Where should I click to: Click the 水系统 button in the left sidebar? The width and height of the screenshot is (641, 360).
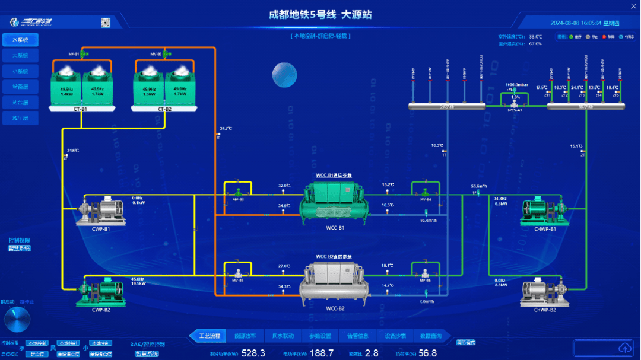[20, 40]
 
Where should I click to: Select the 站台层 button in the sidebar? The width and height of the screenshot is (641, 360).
[20, 103]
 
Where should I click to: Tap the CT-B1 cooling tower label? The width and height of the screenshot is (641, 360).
[81, 109]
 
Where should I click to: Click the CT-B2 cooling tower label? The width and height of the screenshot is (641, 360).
[164, 109]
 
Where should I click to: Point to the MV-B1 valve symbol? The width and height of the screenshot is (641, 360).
[84, 54]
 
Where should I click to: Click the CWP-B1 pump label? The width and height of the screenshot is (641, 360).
[101, 229]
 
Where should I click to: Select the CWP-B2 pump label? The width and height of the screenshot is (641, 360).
[101, 309]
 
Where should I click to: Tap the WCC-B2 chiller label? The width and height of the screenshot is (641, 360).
[335, 308]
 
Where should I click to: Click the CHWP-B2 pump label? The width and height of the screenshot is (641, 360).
[545, 310]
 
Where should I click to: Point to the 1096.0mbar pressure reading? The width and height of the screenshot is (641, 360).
[516, 85]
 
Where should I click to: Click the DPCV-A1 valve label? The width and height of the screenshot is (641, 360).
[515, 110]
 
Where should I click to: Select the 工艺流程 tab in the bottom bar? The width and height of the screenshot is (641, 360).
[209, 336]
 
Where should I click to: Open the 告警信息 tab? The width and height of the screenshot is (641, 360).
[358, 336]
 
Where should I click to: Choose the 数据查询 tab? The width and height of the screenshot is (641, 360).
[430, 336]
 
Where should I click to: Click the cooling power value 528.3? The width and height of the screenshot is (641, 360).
[253, 353]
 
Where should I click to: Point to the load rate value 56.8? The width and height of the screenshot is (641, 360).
[427, 353]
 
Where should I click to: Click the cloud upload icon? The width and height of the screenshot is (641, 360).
[624, 347]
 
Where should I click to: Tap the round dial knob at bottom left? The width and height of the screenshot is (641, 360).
[17, 320]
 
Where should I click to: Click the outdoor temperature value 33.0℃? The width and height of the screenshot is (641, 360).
[535, 37]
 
